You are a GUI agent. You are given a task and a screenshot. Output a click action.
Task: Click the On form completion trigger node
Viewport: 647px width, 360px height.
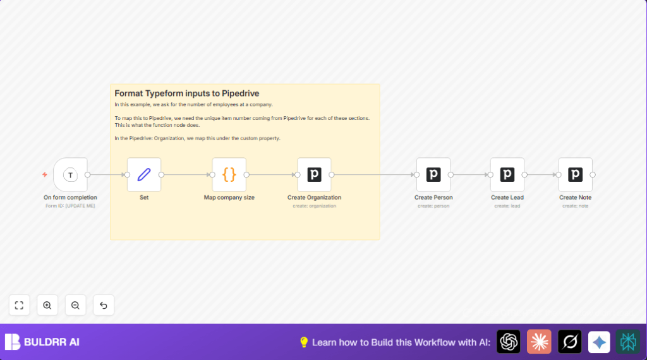tap(70, 175)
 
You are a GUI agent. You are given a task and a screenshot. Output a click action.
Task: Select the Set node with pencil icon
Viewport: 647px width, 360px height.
tap(144, 175)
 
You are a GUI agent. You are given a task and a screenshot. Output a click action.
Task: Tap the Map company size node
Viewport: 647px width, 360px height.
tap(229, 175)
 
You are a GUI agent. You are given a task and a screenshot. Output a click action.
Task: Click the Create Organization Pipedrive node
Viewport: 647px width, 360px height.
tap(314, 175)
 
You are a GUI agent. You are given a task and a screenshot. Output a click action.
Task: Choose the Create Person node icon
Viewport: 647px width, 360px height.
tap(433, 175)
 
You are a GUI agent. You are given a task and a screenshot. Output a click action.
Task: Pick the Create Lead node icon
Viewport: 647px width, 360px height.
tap(507, 175)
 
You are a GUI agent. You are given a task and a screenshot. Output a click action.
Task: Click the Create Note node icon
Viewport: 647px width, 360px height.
tap(575, 175)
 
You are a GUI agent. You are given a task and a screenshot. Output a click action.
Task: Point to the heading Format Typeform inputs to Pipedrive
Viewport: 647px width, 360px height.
tap(186, 93)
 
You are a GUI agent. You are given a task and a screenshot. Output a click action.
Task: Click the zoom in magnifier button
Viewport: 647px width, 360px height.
tap(47, 305)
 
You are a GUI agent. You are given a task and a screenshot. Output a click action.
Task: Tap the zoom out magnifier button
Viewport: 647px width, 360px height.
tap(75, 305)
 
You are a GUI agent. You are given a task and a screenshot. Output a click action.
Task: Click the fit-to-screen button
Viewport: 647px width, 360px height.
tap(19, 305)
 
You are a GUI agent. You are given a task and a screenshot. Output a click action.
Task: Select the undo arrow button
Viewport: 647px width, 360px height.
tap(104, 305)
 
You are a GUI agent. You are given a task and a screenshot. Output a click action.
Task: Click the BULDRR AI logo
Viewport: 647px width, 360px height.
tap(42, 342)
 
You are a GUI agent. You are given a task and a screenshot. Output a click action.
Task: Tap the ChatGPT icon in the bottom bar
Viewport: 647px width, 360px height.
tap(509, 342)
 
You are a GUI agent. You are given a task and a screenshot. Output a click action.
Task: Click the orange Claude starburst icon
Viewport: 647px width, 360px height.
tap(539, 342)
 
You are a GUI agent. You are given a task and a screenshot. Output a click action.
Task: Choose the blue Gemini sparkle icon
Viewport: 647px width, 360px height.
tap(599, 342)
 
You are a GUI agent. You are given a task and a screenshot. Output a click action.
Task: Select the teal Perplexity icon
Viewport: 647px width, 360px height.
tap(628, 342)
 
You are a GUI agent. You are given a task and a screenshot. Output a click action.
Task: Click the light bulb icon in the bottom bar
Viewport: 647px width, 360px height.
tap(304, 342)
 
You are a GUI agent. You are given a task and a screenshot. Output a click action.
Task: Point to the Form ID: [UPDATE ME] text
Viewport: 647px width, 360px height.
tap(70, 206)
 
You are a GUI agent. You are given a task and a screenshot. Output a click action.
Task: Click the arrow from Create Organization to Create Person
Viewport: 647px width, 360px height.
tap(373, 175)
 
